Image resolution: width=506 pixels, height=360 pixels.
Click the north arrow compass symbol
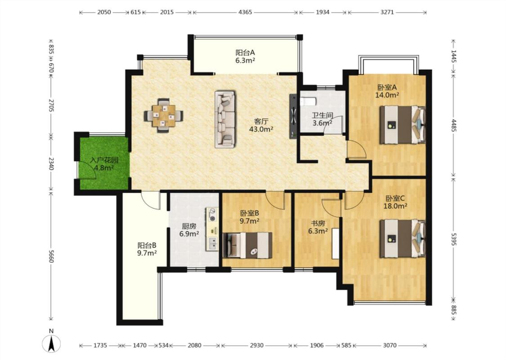(51, 343)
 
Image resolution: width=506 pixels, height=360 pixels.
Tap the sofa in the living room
(225, 119)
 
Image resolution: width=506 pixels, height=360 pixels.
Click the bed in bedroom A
(403, 124)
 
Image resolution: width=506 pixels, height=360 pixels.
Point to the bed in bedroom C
(403, 238)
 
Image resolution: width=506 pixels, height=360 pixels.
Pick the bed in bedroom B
(247, 245)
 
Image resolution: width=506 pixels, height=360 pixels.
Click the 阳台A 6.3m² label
(245, 56)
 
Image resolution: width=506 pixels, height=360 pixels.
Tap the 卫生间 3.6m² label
(322, 119)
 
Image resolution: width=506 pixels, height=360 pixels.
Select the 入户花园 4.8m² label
(104, 164)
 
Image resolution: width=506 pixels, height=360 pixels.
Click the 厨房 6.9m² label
(189, 230)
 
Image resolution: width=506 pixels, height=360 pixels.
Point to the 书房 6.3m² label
(318, 227)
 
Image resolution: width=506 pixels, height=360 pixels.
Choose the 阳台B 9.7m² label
(147, 249)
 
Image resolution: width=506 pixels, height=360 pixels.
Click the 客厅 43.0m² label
(261, 125)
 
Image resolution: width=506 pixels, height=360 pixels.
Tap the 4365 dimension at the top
(245, 12)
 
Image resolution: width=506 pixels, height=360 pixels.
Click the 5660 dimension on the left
(51, 255)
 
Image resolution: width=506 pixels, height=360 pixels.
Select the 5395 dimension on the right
(454, 239)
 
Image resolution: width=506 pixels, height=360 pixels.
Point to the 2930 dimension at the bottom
(256, 346)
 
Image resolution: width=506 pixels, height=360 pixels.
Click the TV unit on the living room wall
(293, 116)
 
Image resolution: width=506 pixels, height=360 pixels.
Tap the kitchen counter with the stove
(212, 229)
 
